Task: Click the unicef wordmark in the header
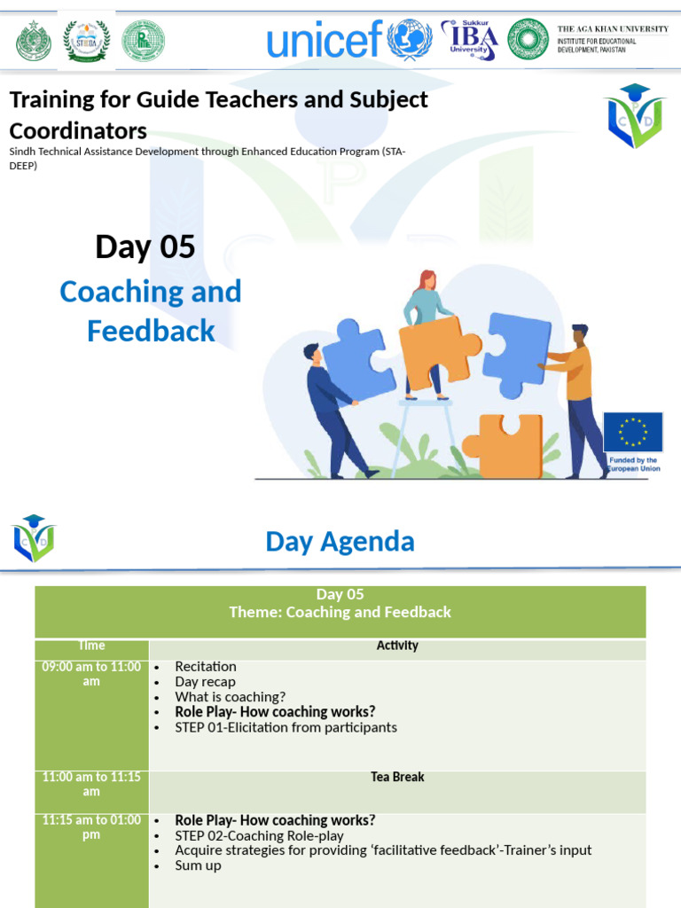click(325, 40)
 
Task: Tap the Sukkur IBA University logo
click(470, 40)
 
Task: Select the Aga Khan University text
click(612, 39)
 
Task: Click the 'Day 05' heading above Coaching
click(145, 247)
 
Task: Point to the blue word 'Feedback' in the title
click(151, 331)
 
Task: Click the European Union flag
click(633, 432)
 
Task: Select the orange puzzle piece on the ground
click(505, 445)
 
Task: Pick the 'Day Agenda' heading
click(340, 541)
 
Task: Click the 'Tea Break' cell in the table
click(397, 777)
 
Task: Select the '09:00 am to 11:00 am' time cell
click(91, 674)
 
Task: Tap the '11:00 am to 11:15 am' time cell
click(91, 784)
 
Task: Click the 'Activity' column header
click(397, 646)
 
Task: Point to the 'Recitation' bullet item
click(206, 666)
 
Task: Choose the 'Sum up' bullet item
click(198, 865)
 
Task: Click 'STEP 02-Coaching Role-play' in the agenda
click(259, 835)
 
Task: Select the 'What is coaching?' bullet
click(230, 697)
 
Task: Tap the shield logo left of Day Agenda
click(34, 537)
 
